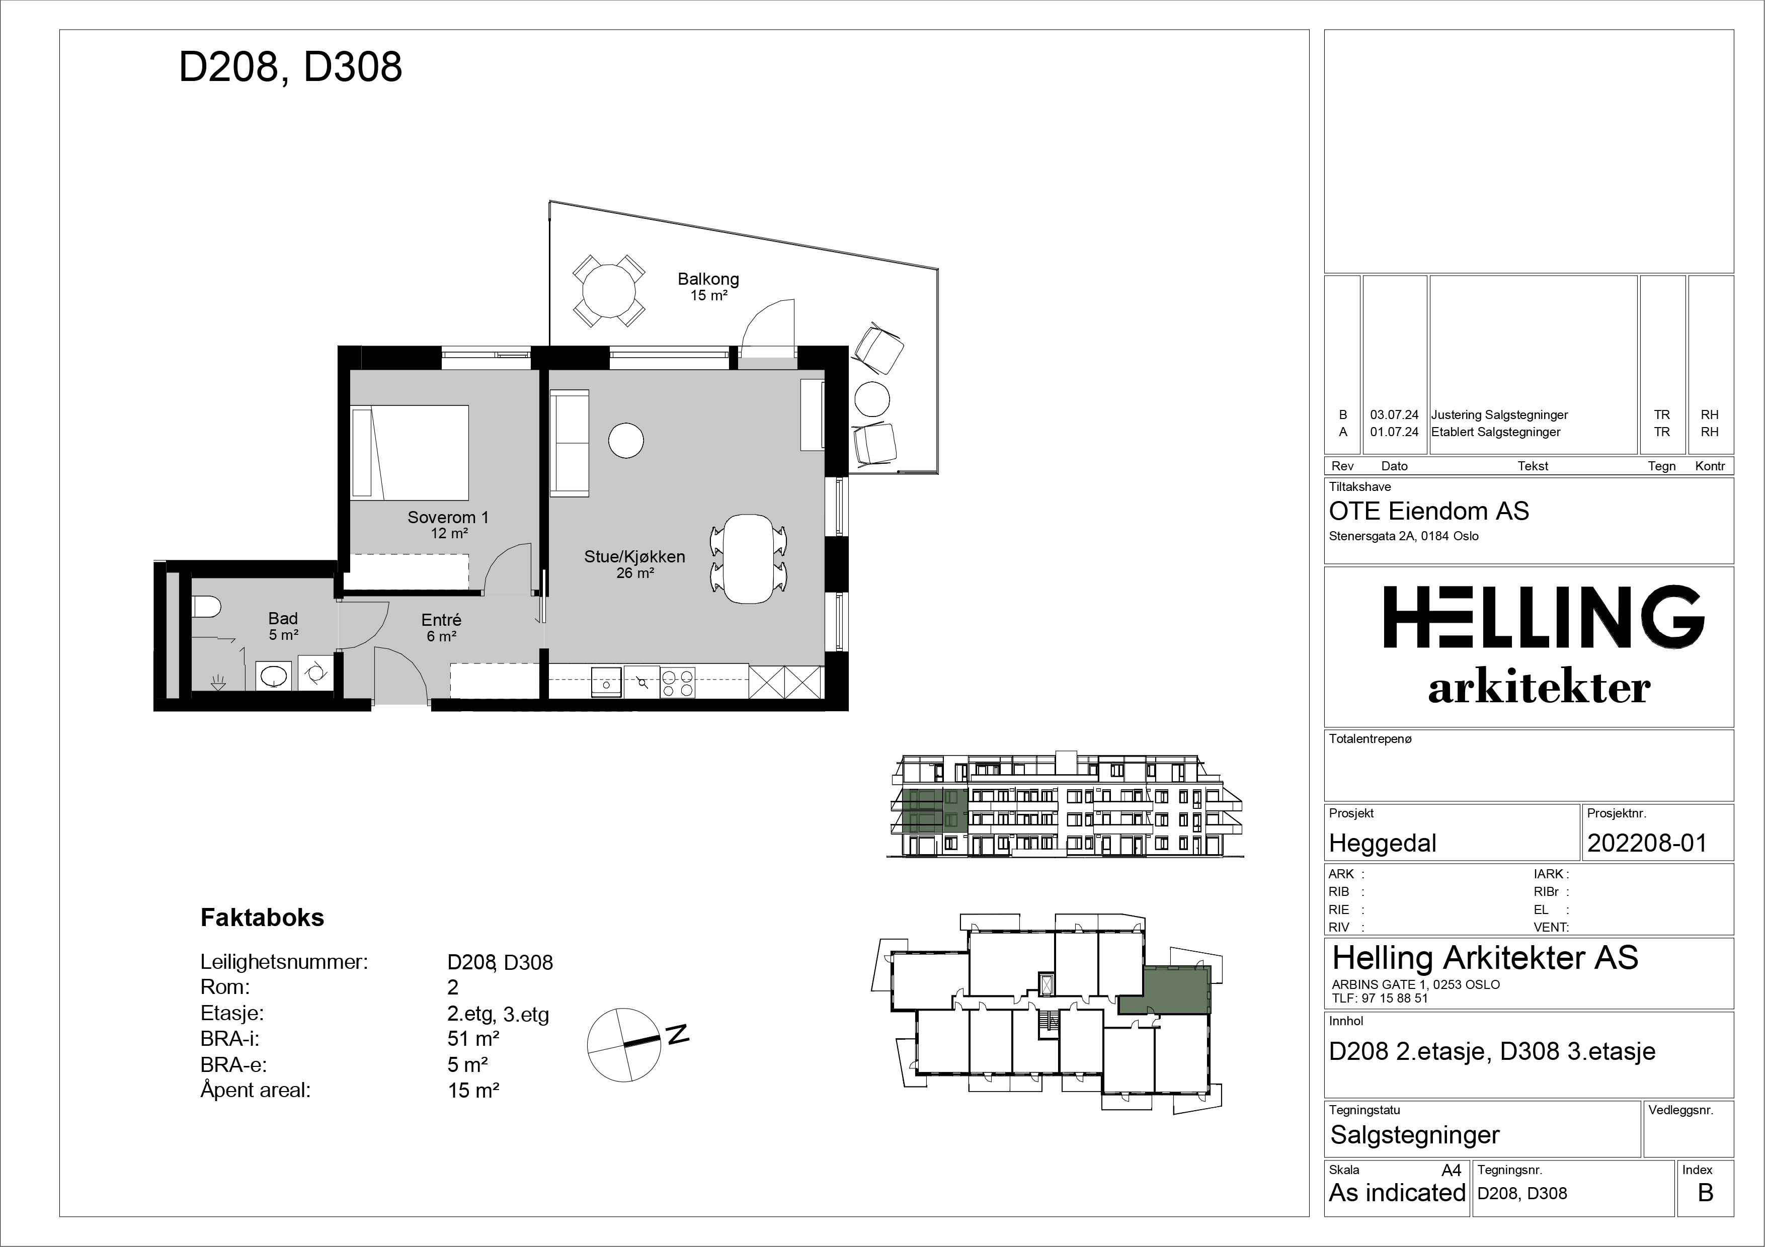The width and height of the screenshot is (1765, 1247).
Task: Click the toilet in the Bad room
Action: [x=205, y=608]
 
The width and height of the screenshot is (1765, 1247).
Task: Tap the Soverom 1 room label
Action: [x=448, y=518]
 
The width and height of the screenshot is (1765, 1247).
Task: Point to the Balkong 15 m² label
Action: [x=708, y=287]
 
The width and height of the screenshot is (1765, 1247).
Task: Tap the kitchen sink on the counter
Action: [x=606, y=682]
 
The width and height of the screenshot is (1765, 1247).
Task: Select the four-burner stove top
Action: [x=677, y=682]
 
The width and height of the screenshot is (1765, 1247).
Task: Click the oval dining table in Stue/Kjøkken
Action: [x=750, y=558]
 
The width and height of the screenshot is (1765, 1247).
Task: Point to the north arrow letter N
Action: [x=677, y=1034]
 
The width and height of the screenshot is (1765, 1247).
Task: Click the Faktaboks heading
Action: [x=262, y=918]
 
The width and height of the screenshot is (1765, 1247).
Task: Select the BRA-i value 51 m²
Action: [x=473, y=1039]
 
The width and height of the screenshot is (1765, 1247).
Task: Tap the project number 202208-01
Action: [x=1647, y=843]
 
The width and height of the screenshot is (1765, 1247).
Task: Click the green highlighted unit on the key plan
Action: [x=1165, y=990]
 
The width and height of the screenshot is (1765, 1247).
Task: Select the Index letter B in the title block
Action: [x=1705, y=1193]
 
